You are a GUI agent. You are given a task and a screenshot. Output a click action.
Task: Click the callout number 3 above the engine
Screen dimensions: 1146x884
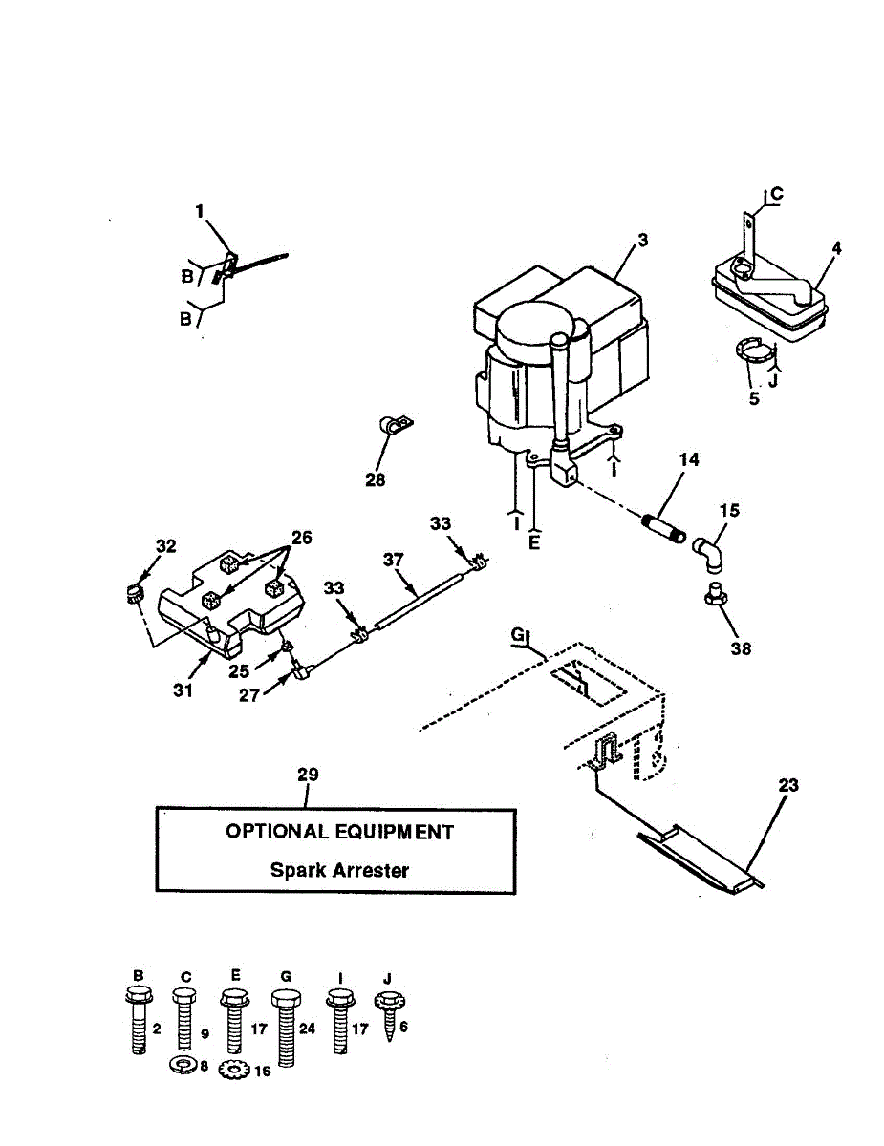point(643,240)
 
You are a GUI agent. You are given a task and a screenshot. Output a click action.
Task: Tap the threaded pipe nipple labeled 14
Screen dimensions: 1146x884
point(665,527)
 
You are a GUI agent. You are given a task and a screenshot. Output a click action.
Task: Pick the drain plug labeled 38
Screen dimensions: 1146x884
point(714,596)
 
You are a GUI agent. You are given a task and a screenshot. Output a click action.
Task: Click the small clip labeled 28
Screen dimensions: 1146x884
point(391,426)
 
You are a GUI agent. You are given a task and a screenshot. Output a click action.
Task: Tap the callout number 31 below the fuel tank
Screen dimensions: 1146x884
point(183,690)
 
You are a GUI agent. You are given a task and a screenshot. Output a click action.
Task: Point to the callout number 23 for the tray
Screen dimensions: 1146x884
point(788,785)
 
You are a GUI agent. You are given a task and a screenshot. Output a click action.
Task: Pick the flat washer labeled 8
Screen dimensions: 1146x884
point(183,1064)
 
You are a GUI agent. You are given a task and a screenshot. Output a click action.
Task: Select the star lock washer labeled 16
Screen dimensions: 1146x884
point(233,1070)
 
